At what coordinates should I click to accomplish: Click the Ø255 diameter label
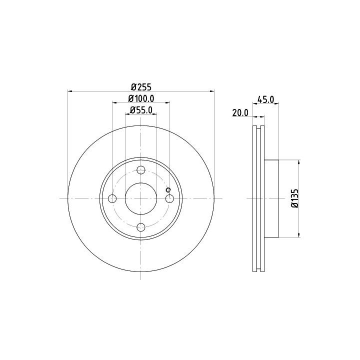tap(141, 87)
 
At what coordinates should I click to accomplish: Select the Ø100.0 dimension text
tap(141, 98)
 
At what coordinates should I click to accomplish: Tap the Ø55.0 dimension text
tap(141, 110)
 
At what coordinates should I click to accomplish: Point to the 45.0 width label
tap(265, 99)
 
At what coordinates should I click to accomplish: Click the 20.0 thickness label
tap(240, 112)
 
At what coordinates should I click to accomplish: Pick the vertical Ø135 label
tap(295, 198)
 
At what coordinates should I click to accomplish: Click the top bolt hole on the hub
tap(140, 170)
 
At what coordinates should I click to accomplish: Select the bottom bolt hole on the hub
tap(140, 227)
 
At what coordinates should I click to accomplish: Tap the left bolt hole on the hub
tap(112, 198)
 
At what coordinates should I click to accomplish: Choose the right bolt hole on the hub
tap(169, 198)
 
